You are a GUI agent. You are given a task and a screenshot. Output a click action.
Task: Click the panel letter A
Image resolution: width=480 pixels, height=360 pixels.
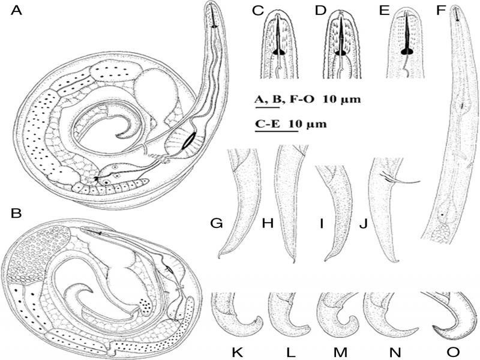[17, 11]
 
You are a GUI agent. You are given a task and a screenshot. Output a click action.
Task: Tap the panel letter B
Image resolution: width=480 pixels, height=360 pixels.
[16, 214]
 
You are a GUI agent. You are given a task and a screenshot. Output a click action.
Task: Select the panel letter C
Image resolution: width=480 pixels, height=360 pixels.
[258, 11]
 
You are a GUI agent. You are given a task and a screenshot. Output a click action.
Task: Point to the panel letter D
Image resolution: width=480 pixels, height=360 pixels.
[321, 11]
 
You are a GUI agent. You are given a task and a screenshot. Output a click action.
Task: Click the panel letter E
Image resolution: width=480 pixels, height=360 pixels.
[384, 11]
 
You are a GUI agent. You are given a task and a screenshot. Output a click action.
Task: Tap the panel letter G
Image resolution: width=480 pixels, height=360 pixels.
[217, 224]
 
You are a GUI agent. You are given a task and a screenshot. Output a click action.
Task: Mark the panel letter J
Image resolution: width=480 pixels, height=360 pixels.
[363, 224]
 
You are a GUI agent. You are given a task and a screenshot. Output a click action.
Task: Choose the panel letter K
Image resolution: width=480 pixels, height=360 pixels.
[237, 352]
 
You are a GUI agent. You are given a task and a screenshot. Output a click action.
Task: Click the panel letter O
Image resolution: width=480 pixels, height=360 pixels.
[454, 352]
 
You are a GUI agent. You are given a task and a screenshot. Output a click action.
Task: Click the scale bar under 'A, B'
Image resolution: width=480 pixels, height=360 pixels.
[267, 107]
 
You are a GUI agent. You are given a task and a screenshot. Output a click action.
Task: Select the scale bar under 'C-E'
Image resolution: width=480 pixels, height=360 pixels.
[277, 131]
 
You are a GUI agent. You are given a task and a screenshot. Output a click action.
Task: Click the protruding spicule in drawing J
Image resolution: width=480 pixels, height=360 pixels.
[400, 179]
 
